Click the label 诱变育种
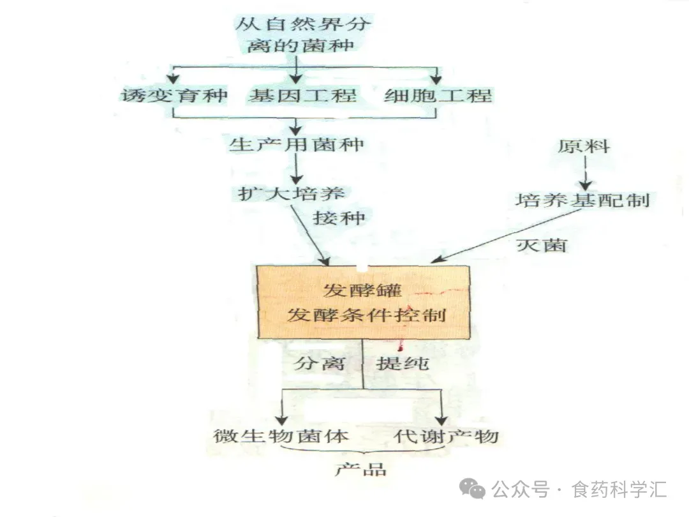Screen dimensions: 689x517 174,96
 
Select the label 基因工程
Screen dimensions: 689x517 302,96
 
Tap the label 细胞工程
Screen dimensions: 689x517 438,96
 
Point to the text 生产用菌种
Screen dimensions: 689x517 296,144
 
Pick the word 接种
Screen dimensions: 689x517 339,218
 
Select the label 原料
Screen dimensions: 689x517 584,147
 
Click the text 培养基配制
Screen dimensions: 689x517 582,200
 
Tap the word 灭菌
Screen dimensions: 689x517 542,243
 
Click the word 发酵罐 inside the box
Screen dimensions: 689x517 362,290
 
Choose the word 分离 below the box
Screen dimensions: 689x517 320,364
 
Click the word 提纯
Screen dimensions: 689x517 402,364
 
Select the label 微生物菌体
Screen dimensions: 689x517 281,437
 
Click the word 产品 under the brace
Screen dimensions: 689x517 361,470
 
